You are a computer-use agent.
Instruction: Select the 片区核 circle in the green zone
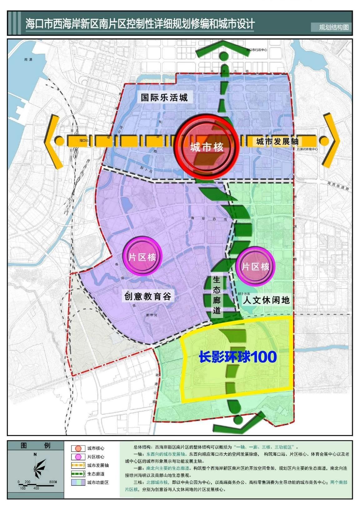coord(255,266)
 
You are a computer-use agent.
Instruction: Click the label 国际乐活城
coord(164,97)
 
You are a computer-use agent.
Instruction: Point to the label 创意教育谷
coord(148,296)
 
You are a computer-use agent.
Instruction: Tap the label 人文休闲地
coord(266,300)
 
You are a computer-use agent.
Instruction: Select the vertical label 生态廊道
coord(217,295)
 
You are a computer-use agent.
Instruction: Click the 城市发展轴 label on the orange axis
coord(277,141)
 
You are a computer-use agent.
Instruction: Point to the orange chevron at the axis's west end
coord(52,141)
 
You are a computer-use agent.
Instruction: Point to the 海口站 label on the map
coord(84,141)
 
